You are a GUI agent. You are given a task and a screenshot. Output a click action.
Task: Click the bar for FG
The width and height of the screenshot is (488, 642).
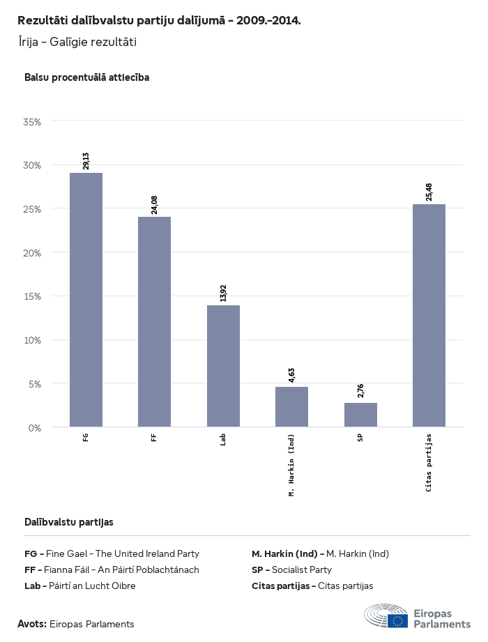click(86, 300)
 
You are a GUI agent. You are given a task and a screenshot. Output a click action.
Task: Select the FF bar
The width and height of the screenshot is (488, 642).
click(154, 321)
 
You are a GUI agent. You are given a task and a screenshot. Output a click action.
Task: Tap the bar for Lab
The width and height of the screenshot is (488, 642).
click(223, 366)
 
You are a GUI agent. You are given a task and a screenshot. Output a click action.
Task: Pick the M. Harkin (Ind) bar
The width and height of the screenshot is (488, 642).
click(291, 406)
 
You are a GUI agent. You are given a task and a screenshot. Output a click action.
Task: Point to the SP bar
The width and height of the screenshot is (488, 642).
click(360, 415)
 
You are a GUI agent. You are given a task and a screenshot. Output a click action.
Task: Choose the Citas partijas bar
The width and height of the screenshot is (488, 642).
click(429, 315)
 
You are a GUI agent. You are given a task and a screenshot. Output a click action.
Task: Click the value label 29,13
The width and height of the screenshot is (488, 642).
click(86, 161)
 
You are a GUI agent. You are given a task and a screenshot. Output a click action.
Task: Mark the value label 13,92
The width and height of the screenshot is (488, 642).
click(223, 293)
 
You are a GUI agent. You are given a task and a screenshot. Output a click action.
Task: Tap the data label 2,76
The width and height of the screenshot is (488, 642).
click(360, 391)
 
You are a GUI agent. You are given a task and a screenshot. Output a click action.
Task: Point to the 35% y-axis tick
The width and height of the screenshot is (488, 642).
click(33, 122)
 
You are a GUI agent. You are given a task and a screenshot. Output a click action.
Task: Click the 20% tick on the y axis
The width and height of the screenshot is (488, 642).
click(33, 253)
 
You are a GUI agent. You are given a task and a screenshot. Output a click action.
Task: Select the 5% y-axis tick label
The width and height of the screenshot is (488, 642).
click(35, 383)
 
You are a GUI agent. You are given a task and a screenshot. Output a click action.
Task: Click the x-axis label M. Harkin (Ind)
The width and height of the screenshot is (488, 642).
click(291, 465)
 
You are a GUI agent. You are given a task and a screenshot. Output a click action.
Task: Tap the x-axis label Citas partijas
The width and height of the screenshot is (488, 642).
click(429, 463)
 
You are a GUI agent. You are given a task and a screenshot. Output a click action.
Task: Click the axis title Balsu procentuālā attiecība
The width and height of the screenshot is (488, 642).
click(86, 77)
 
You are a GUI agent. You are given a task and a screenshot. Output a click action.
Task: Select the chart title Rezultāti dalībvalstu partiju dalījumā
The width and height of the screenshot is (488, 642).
click(159, 20)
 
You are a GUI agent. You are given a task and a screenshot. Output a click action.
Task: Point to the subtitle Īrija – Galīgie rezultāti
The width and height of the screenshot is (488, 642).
click(77, 42)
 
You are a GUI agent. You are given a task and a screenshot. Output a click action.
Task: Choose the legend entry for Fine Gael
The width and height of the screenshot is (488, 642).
click(112, 554)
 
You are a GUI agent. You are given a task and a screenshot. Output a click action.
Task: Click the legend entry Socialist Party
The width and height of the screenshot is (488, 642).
click(291, 570)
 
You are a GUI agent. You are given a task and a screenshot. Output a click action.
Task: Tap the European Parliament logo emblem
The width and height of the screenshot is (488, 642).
click(386, 616)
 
